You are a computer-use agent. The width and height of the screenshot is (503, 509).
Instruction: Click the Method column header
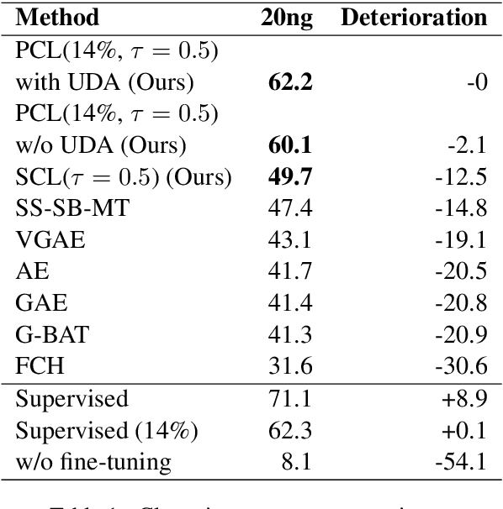coord(57,17)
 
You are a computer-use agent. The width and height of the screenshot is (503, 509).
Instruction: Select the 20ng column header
coord(288,17)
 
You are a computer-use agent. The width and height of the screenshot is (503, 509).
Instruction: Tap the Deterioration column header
coord(414,17)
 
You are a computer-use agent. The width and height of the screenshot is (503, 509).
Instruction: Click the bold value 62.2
coord(288,82)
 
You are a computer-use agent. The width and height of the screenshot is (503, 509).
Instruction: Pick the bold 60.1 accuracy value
coord(288,146)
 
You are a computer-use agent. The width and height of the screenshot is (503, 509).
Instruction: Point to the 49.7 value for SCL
coord(288,178)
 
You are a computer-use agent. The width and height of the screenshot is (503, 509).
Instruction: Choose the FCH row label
coord(39,367)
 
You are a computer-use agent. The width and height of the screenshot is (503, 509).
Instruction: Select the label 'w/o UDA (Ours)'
coord(100,146)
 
